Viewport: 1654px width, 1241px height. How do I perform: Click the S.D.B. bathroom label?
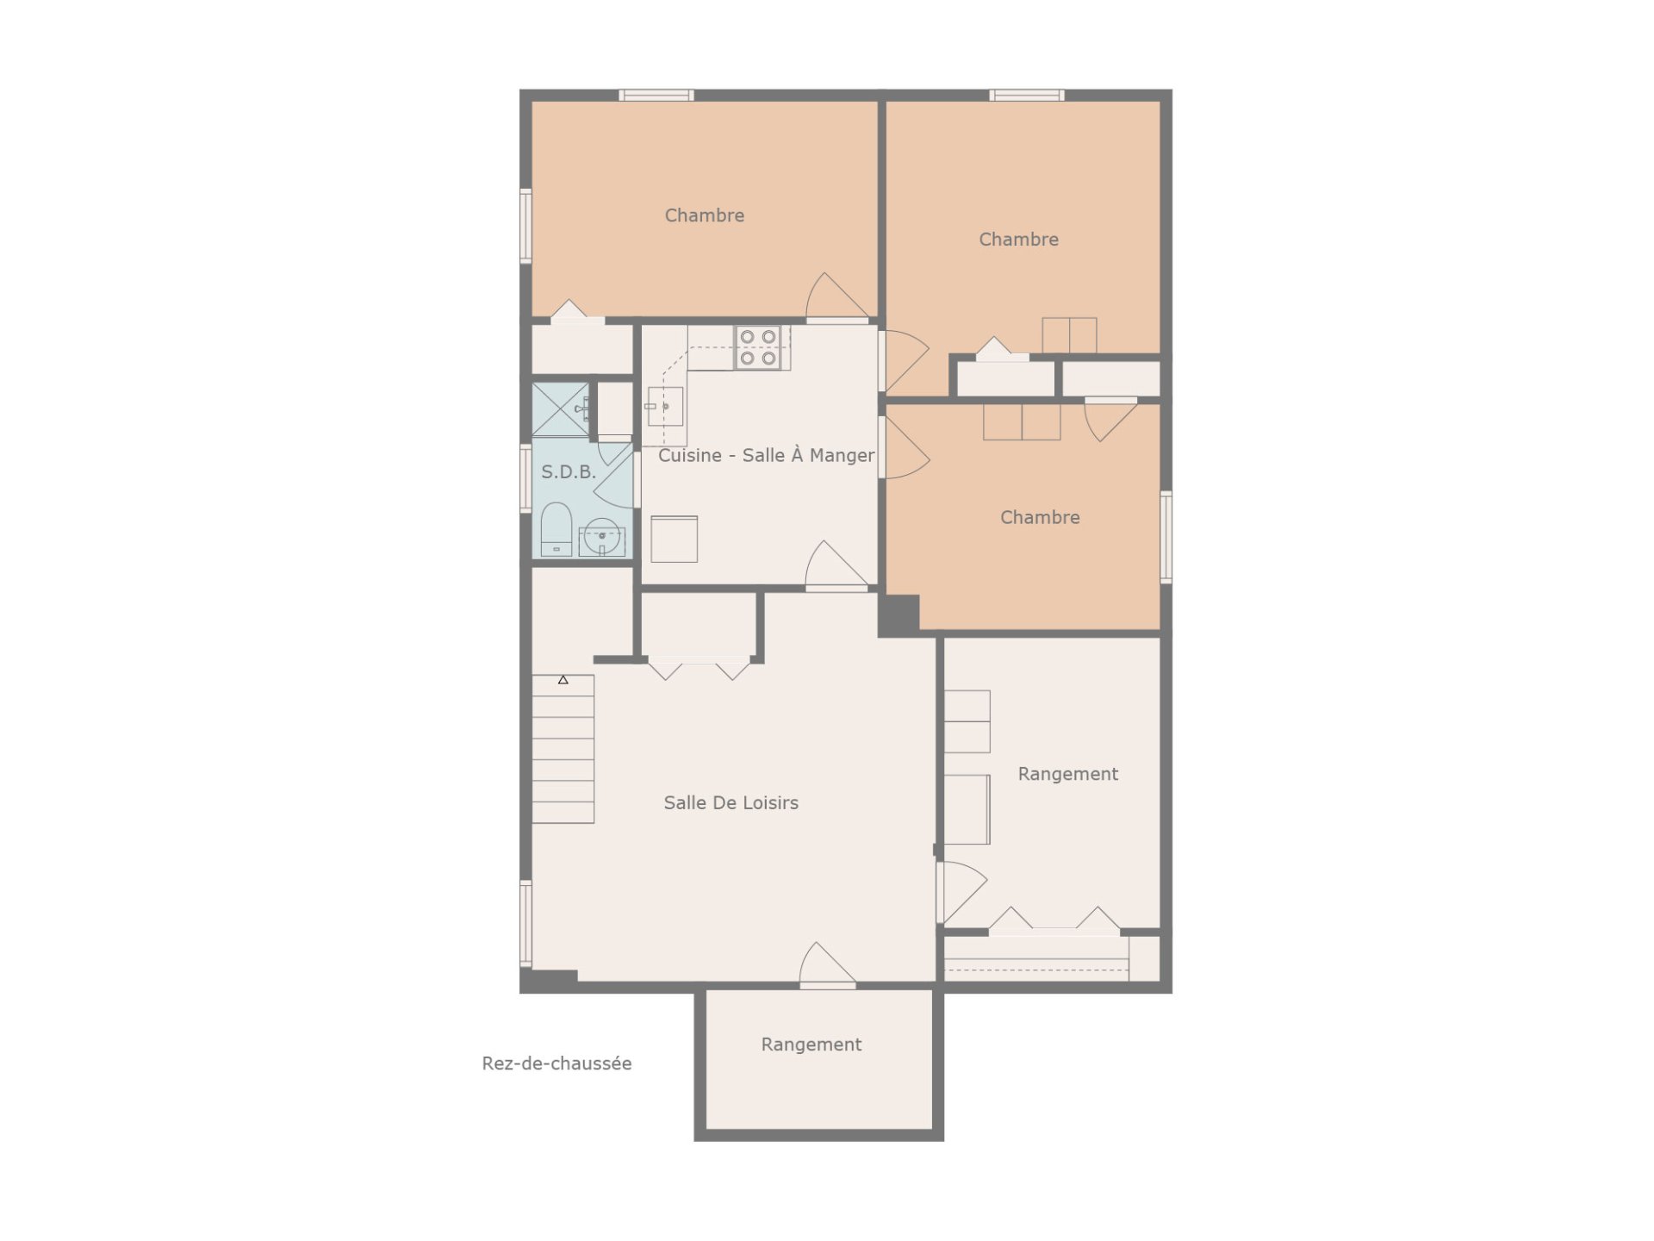[569, 472]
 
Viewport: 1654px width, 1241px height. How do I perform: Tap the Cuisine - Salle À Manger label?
[766, 455]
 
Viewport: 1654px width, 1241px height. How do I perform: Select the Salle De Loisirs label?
[731, 802]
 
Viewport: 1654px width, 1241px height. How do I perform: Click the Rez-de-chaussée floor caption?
[557, 1063]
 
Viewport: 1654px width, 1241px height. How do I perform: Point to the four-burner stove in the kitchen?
[758, 347]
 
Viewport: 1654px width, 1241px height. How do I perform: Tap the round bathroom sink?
[601, 537]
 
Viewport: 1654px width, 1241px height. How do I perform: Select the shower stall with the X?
[561, 409]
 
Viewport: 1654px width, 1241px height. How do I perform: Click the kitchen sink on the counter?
[665, 406]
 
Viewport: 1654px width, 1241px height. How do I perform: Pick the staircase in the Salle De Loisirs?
[563, 749]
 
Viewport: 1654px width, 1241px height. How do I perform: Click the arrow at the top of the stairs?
[563, 680]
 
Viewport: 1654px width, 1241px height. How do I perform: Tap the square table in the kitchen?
[674, 539]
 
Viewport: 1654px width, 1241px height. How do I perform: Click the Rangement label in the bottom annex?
[811, 1045]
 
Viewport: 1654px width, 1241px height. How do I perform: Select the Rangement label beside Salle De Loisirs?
[1068, 774]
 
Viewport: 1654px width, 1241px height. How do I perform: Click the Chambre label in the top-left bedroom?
[705, 215]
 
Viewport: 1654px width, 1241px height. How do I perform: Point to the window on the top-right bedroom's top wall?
[1026, 95]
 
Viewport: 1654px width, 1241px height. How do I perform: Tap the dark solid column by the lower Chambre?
[899, 615]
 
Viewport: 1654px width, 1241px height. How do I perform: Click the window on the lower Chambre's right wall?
[1166, 537]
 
